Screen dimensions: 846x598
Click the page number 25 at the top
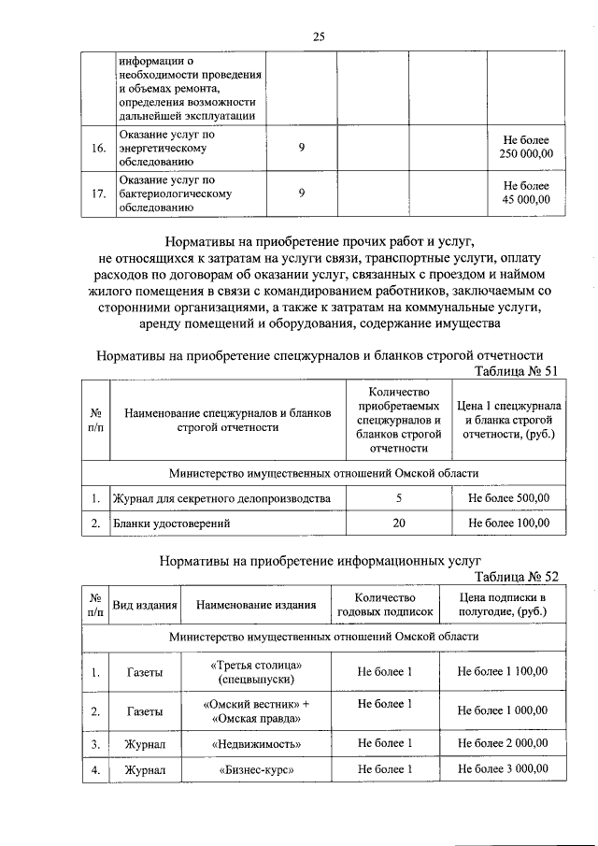coord(319,36)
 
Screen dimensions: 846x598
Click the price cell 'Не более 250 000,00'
coord(527,147)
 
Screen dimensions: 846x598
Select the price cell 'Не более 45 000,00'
coord(527,193)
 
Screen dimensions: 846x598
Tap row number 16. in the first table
coord(97,148)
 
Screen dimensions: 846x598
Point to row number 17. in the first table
coord(97,194)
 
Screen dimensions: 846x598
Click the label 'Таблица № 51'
coord(517,371)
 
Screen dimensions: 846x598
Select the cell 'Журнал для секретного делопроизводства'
coord(221,498)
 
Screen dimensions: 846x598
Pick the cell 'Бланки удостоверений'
coord(173,523)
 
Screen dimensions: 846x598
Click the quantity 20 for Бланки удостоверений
coord(399,523)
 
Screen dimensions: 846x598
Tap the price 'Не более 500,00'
coord(508,498)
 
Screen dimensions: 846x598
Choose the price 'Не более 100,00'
coord(508,523)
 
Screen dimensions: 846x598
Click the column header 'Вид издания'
coord(145,605)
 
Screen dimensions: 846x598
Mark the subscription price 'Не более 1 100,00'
coord(502,671)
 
